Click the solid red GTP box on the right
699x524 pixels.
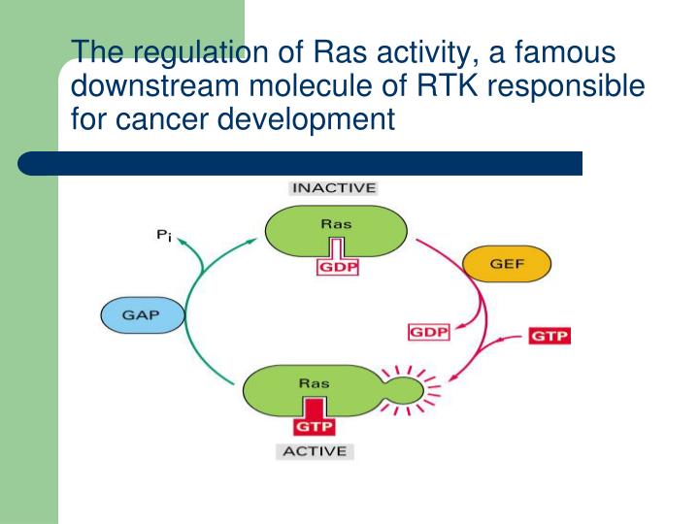tap(549, 337)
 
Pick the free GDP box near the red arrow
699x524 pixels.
tap(428, 332)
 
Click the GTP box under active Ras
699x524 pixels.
tap(314, 424)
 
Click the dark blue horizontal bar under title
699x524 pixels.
tap(301, 162)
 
